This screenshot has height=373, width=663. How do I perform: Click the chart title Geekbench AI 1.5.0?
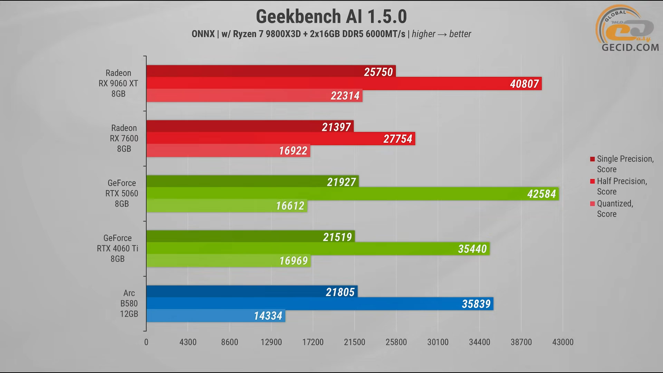tap(331, 17)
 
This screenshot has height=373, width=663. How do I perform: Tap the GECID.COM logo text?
tap(630, 47)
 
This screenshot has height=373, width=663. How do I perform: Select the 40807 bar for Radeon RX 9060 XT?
tap(344, 84)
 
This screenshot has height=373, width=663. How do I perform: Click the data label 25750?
tap(378, 72)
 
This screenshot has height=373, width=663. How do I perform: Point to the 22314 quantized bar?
tap(254, 96)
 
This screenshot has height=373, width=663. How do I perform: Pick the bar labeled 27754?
tap(280, 139)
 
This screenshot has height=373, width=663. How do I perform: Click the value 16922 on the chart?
tap(293, 151)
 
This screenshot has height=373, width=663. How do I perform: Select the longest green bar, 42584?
tap(352, 194)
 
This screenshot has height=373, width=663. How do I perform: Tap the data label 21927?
tap(341, 182)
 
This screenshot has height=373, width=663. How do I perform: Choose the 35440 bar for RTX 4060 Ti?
tap(318, 249)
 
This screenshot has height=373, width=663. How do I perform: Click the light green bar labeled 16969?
tap(228, 261)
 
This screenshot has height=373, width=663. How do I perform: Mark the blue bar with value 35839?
tap(319, 304)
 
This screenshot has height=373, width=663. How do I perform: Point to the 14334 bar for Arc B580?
tap(215, 316)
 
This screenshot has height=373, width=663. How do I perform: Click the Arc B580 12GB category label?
tap(129, 304)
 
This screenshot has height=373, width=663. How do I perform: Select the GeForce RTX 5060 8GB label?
tap(122, 193)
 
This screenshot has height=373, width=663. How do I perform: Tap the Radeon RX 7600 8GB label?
tap(124, 138)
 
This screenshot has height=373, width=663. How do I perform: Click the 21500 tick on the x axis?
tap(354, 342)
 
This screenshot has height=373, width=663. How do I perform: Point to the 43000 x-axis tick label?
tap(563, 342)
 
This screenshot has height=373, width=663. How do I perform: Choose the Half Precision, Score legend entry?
tap(622, 186)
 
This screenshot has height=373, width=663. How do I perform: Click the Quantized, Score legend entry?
tap(615, 209)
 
